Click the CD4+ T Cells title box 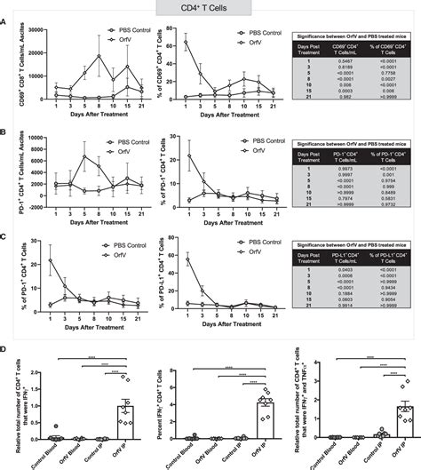point(210,9)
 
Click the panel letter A point(6,25)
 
